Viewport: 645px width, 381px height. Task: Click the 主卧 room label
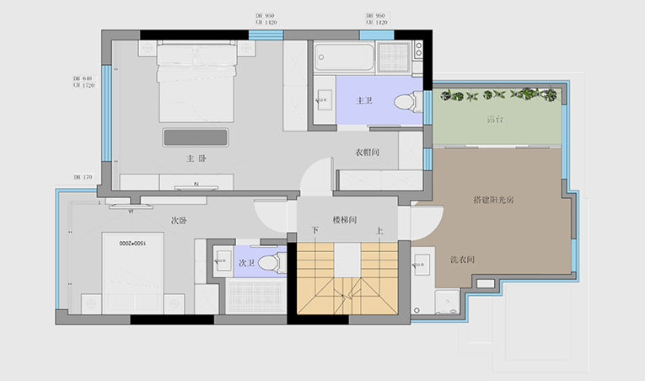pos(196,158)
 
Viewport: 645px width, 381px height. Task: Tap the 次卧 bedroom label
pos(178,221)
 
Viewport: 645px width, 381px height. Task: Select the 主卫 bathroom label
pos(364,100)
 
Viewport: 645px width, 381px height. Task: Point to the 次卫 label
pos(246,263)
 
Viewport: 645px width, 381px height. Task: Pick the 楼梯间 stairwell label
pos(345,220)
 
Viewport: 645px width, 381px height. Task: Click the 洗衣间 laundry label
pos(461,260)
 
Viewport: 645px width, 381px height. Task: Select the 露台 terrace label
pos(494,120)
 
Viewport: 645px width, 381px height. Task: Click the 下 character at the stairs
pos(315,230)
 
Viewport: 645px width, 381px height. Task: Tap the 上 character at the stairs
pos(380,230)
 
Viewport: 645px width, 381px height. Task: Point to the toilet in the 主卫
pos(406,101)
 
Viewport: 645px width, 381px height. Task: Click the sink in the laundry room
pos(419,265)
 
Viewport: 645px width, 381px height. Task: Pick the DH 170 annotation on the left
pos(82,178)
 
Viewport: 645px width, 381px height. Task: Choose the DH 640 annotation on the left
pos(82,80)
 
